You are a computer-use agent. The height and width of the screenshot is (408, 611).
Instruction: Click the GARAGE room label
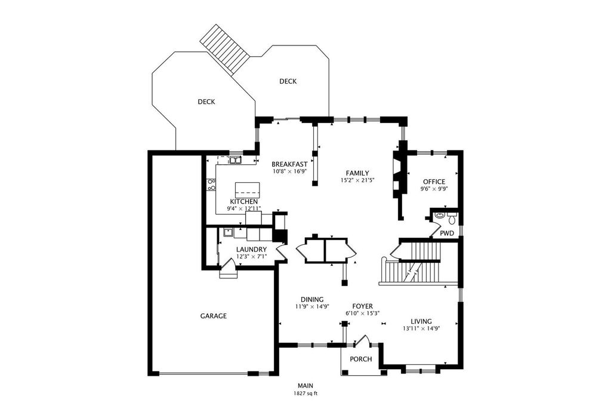click(213, 316)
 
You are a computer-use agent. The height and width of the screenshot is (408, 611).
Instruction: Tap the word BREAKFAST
click(289, 164)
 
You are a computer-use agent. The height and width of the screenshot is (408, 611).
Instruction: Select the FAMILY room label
click(357, 173)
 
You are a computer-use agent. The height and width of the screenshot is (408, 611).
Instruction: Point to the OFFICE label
click(434, 182)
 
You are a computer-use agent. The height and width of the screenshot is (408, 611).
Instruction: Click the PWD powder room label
click(447, 233)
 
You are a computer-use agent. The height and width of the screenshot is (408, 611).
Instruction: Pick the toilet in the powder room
click(452, 218)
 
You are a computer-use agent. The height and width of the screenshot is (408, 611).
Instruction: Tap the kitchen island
click(248, 189)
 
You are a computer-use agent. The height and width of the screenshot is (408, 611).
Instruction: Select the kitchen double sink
click(235, 159)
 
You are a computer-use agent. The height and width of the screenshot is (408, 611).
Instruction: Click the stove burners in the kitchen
click(212, 185)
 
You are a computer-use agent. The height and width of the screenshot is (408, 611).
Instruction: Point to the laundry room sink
click(228, 233)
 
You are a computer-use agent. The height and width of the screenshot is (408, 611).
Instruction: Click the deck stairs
click(225, 50)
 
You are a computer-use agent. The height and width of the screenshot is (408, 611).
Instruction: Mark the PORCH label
click(361, 359)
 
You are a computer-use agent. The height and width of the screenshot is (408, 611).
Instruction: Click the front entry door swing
click(362, 340)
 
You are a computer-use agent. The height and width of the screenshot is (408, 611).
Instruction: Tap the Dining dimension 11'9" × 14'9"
click(313, 306)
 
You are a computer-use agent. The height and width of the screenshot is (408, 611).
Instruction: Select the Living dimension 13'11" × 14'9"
click(422, 329)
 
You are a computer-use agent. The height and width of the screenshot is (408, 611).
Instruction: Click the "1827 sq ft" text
click(305, 394)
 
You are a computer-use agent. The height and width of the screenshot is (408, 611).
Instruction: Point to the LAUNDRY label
click(252, 250)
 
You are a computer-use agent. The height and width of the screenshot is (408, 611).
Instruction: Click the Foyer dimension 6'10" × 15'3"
click(362, 313)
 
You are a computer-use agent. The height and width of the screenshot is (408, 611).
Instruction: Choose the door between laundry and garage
click(228, 271)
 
